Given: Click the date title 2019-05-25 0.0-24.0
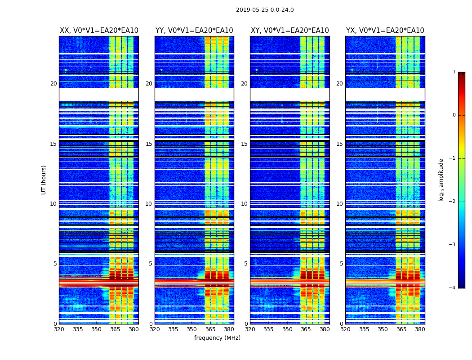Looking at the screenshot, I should (x=265, y=10).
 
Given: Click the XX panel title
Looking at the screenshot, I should (x=99, y=31).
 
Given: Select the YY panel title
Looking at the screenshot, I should (x=194, y=31).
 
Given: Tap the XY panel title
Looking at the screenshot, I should (x=289, y=31).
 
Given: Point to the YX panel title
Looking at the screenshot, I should (x=385, y=31).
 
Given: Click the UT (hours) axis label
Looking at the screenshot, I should (x=44, y=180).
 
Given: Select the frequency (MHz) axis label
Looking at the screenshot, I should (x=217, y=338).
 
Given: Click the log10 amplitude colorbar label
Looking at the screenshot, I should (x=441, y=180).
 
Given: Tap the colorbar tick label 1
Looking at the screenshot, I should (x=454, y=72).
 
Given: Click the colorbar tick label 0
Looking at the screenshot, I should (x=454, y=115).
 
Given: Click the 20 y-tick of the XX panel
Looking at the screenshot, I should (x=53, y=84).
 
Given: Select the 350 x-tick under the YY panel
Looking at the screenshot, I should (x=191, y=329).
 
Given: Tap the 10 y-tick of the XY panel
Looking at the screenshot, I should (x=244, y=204).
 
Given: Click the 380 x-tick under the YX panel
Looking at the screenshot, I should (x=420, y=329).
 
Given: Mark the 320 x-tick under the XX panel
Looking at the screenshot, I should (x=59, y=329).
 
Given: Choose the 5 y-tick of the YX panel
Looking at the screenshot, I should (x=341, y=264).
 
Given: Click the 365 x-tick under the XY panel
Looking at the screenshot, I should (x=306, y=329).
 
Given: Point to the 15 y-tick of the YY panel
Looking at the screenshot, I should (x=149, y=144).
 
